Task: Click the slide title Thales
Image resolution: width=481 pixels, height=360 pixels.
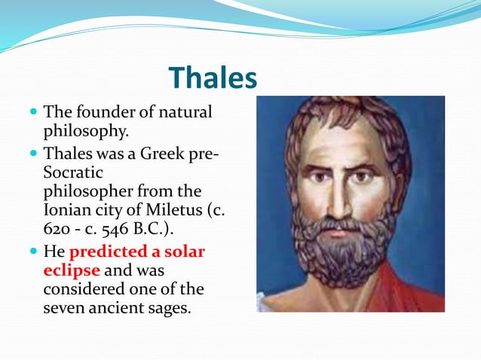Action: click(x=213, y=78)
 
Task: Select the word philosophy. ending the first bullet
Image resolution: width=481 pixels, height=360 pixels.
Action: click(x=86, y=132)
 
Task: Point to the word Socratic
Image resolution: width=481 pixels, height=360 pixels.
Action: click(x=73, y=172)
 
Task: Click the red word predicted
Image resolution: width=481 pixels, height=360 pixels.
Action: click(x=112, y=251)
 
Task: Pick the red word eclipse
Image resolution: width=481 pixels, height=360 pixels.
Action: click(x=72, y=270)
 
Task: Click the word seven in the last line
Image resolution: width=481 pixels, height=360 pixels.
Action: click(x=63, y=308)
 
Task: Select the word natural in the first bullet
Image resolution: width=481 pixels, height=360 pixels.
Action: click(x=185, y=113)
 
